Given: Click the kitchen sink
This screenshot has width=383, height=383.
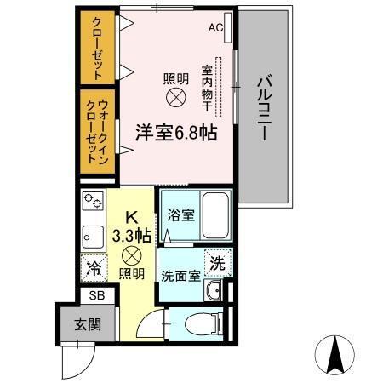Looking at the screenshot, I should click(x=90, y=235).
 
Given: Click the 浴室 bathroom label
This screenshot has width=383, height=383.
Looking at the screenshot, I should click(x=180, y=214).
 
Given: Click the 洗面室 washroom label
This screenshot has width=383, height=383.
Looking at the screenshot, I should click(x=180, y=275).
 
